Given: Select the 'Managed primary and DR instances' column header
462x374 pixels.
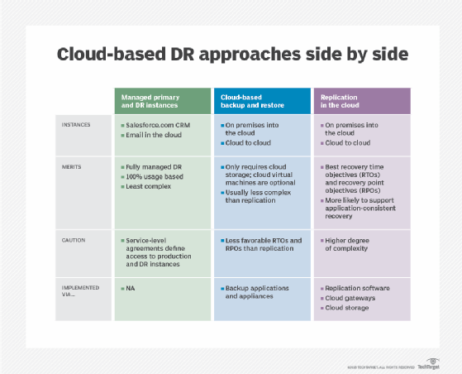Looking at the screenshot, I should [x=155, y=102].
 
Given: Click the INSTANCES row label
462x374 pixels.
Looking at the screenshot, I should [x=77, y=126].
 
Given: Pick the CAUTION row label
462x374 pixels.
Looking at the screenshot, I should [x=73, y=241].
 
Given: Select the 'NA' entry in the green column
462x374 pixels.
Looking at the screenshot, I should [x=131, y=288].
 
